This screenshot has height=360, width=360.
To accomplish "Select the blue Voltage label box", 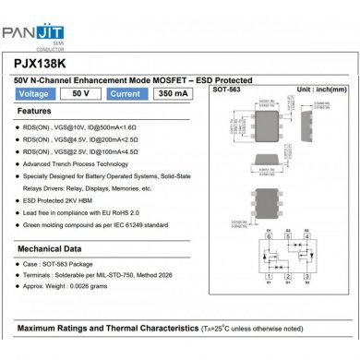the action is [x=37, y=94].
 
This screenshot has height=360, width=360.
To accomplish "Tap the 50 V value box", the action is [x=81, y=94].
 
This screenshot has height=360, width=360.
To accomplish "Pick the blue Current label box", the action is [x=125, y=94].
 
